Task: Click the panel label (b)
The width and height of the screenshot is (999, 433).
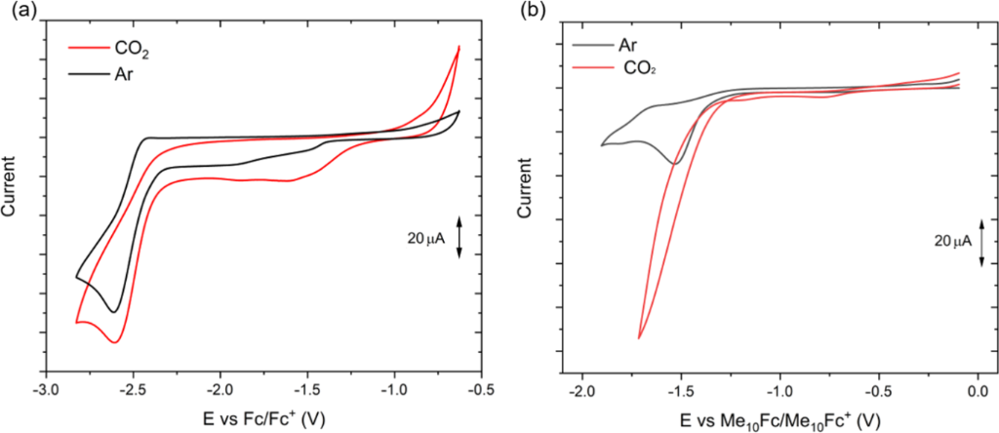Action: click(529, 12)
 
